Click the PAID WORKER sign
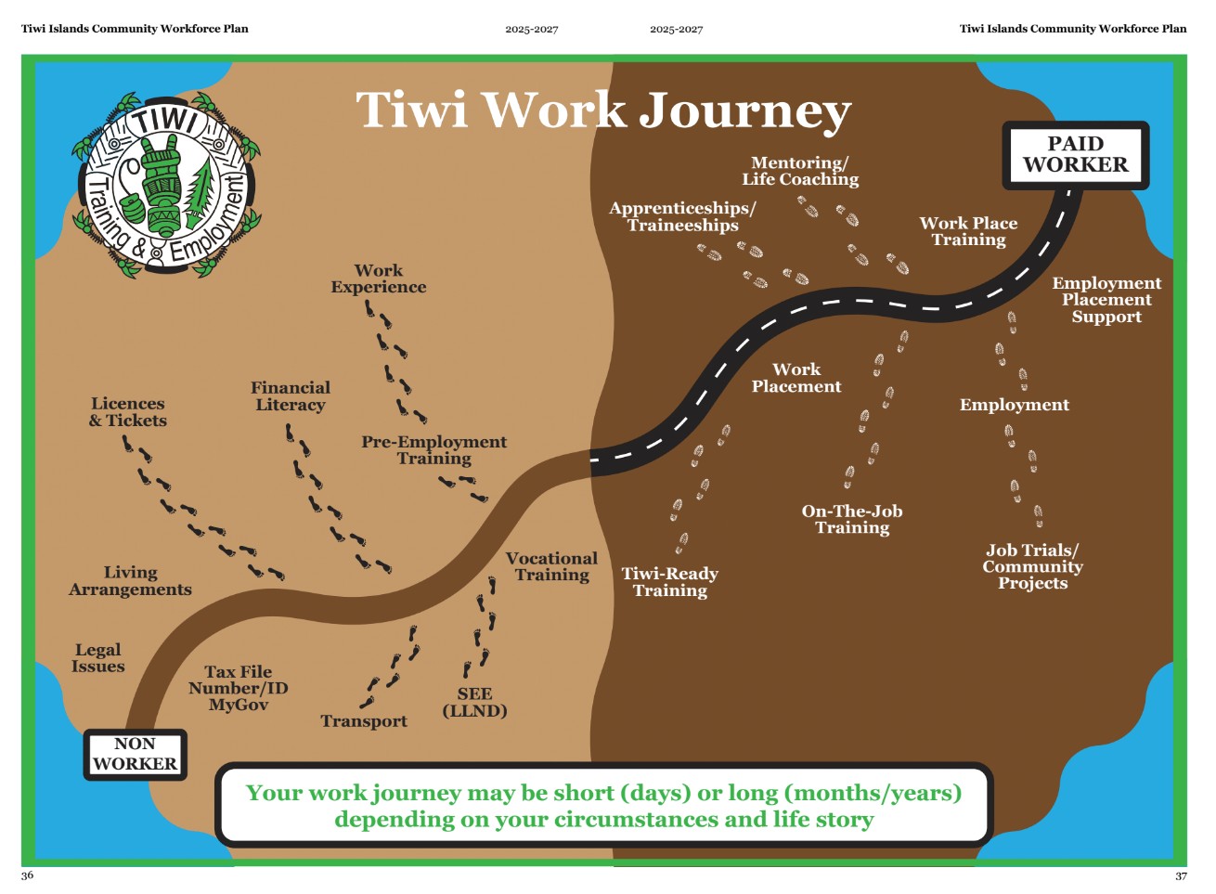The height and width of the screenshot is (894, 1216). [x=1076, y=155]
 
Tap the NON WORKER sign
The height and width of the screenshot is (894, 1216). [x=135, y=755]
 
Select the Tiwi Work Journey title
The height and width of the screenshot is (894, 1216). [x=603, y=111]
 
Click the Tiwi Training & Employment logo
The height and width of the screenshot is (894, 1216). [x=166, y=185]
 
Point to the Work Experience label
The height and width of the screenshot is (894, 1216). [x=379, y=279]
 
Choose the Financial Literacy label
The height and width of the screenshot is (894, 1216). [x=291, y=396]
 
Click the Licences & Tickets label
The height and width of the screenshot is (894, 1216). [x=128, y=412]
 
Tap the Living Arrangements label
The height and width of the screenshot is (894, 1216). [x=130, y=581]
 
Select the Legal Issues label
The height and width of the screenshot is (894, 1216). [x=97, y=658]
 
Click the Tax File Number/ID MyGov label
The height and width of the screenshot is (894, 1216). [x=239, y=688]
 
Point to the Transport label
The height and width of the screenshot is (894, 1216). [x=364, y=721]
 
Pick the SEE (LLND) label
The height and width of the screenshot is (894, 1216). [x=475, y=703]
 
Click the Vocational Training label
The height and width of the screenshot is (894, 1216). [x=551, y=566]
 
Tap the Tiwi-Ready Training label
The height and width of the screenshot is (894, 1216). [x=670, y=582]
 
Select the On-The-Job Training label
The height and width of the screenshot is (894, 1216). [x=852, y=520]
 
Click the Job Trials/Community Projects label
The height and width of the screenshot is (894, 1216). [x=1032, y=566]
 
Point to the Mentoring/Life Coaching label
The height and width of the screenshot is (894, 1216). [x=800, y=171]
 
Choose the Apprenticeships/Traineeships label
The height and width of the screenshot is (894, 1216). [x=682, y=216]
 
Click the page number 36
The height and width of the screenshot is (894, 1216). [x=27, y=875]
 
